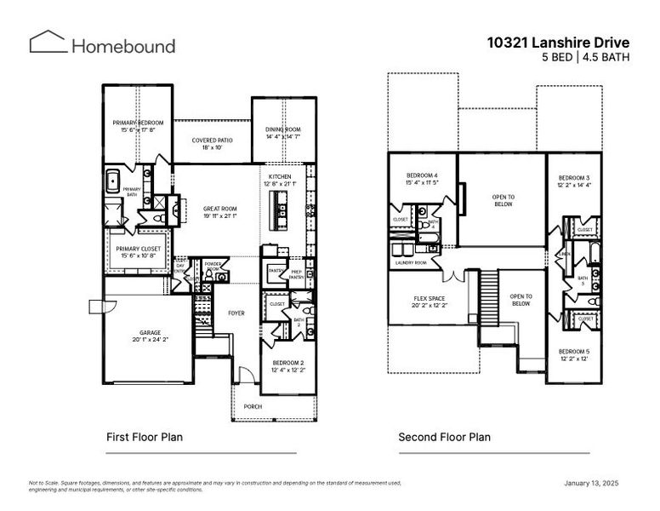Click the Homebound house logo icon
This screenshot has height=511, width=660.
click(47, 43)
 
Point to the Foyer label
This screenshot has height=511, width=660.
click(236, 313)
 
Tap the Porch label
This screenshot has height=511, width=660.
click(253, 406)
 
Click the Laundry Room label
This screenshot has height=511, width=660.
click(411, 263)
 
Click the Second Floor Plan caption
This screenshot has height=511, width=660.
click(444, 437)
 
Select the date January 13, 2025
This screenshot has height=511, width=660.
click(591, 483)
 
